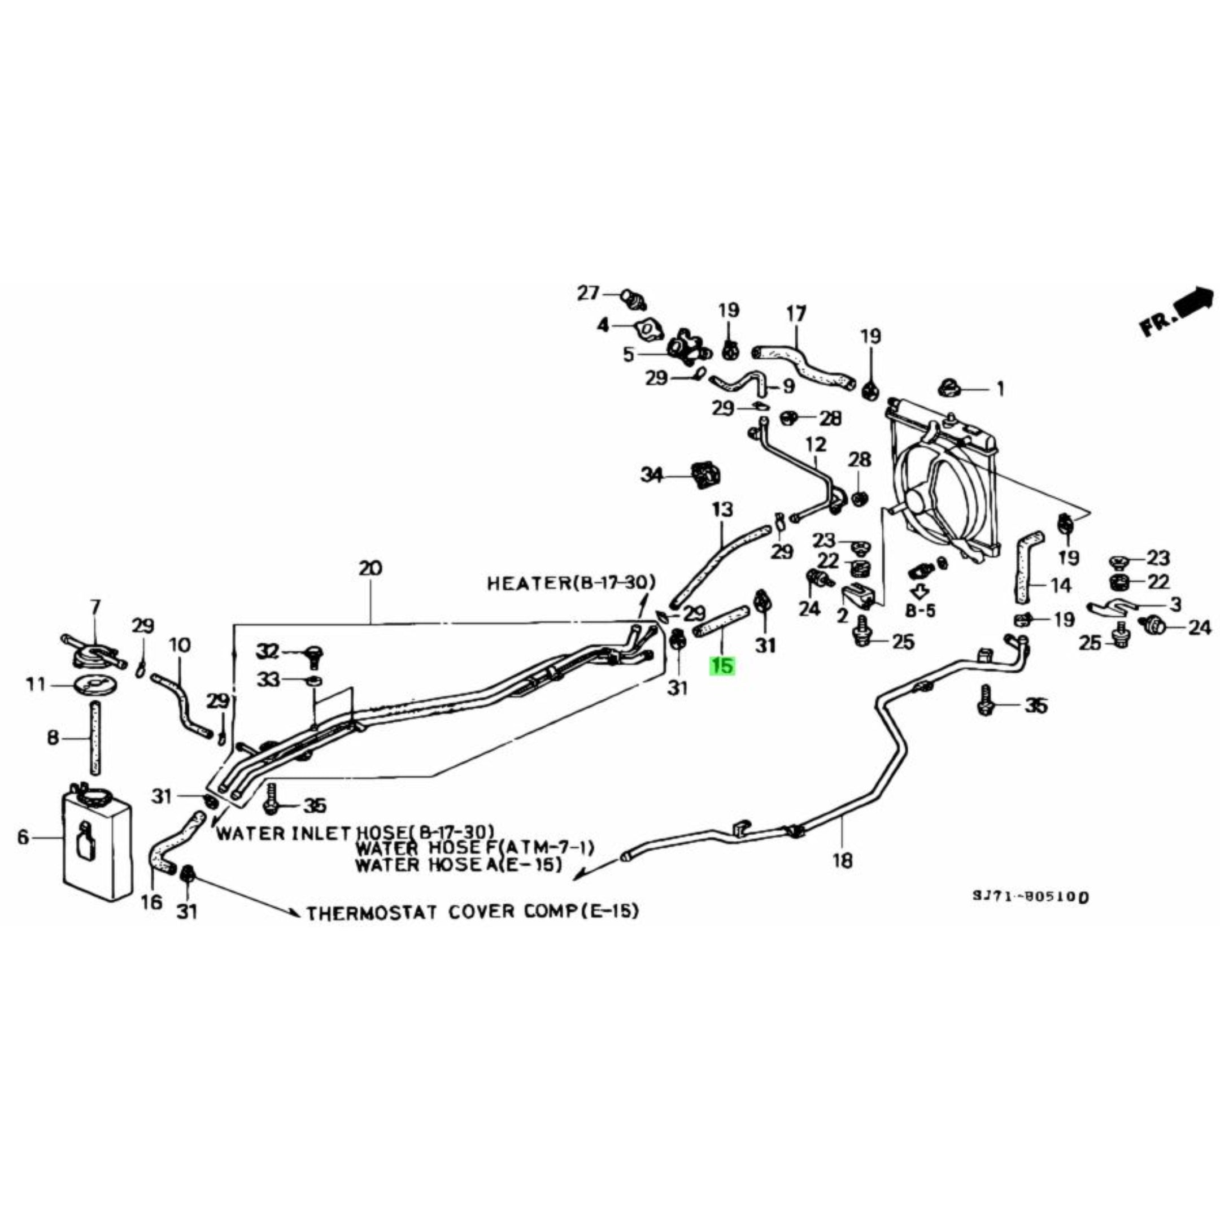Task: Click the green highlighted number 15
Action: click(x=722, y=665)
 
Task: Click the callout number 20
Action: click(x=370, y=568)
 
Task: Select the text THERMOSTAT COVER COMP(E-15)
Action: click(x=472, y=913)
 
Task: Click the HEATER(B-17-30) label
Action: click(x=571, y=582)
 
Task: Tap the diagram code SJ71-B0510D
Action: click(x=1030, y=897)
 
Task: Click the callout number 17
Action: click(x=796, y=314)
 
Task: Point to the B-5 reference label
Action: click(x=920, y=611)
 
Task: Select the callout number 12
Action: click(x=816, y=445)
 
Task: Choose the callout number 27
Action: click(x=588, y=293)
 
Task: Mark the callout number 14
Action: click(x=1061, y=585)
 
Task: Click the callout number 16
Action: click(x=151, y=902)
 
